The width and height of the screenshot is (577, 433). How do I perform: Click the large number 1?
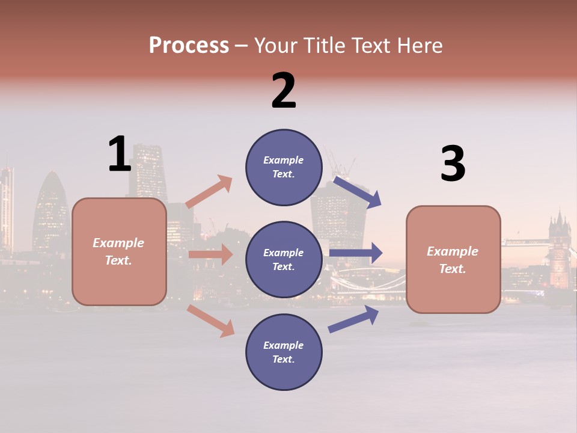pyautogui.click(x=120, y=154)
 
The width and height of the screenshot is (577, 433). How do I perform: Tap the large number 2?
pyautogui.click(x=284, y=91)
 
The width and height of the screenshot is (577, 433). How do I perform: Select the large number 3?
pyautogui.click(x=453, y=164)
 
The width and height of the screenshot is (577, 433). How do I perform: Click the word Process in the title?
pyautogui.click(x=189, y=45)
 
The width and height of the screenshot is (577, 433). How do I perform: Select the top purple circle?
pyautogui.click(x=284, y=167)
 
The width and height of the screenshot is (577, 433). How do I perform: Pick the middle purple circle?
pyautogui.click(x=284, y=259)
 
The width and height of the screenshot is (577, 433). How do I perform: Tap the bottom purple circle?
pyautogui.click(x=284, y=352)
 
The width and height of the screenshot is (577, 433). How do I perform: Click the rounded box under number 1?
pyautogui.click(x=119, y=251)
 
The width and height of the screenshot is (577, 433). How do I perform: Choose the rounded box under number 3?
pyautogui.click(x=453, y=259)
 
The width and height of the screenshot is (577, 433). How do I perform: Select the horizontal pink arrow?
pyautogui.click(x=210, y=254)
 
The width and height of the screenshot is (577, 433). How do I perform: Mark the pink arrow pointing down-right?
pyautogui.click(x=211, y=321)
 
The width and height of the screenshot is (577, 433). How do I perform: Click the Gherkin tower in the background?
pyautogui.click(x=52, y=210)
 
